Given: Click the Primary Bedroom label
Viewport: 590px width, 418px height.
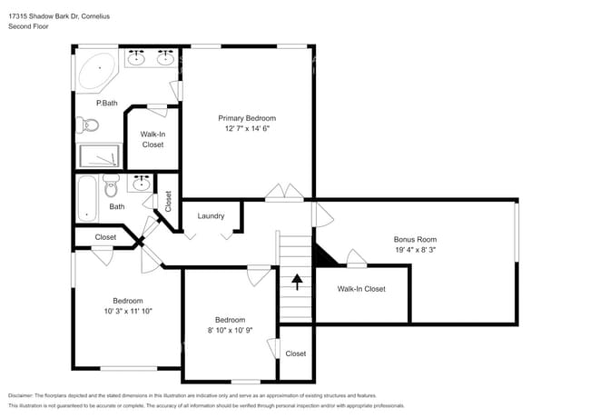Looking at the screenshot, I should tap(247, 118).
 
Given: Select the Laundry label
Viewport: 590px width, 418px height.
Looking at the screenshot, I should tap(211, 215).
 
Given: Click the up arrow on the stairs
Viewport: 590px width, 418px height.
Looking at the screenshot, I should tap(296, 282).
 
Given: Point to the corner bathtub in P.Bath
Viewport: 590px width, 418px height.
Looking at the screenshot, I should tap(95, 72).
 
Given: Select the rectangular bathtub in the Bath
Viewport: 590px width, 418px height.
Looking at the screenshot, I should tap(87, 197).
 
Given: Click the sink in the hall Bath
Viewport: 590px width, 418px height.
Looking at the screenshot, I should tap(141, 184).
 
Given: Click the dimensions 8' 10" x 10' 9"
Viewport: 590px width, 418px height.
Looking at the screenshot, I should tap(230, 330).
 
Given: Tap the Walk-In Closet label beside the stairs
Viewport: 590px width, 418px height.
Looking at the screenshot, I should tap(361, 289).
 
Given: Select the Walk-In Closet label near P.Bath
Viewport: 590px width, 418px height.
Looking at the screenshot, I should tap(152, 139).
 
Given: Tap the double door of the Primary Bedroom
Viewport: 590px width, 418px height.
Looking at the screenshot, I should tap(285, 193).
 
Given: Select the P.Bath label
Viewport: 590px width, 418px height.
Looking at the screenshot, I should tap(107, 103).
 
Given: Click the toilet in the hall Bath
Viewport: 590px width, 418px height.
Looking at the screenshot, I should tap(112, 187).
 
